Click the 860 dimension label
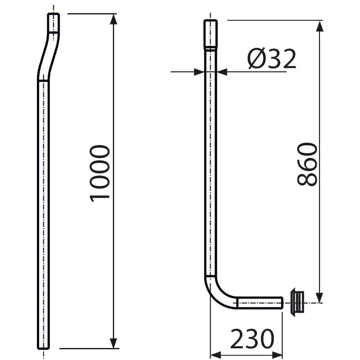click(x=308, y=165)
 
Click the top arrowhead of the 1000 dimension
click(x=113, y=19)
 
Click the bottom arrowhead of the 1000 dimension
click(x=113, y=343)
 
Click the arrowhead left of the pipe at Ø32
click(x=200, y=71)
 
